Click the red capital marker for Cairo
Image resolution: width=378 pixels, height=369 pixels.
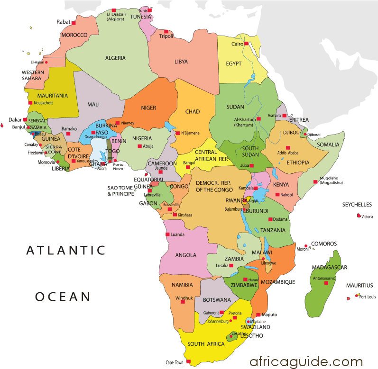(x=248, y=44)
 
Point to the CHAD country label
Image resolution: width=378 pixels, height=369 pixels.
(x=192, y=112)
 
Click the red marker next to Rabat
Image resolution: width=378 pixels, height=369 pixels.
(x=74, y=21)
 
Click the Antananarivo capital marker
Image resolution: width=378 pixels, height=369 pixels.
(x=326, y=283)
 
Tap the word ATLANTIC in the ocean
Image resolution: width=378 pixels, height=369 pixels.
(x=65, y=250)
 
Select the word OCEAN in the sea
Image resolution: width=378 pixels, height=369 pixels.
(x=62, y=297)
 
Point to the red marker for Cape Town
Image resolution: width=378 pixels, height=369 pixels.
(x=188, y=362)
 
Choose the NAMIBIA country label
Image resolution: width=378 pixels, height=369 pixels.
(x=183, y=285)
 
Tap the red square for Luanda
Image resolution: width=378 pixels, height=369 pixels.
(x=167, y=234)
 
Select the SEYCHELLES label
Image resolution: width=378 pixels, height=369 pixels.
(x=357, y=205)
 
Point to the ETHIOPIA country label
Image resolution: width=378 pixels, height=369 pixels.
(x=297, y=162)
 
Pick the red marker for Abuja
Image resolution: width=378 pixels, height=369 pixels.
(x=139, y=146)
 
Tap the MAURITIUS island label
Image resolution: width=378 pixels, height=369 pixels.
(x=359, y=286)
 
